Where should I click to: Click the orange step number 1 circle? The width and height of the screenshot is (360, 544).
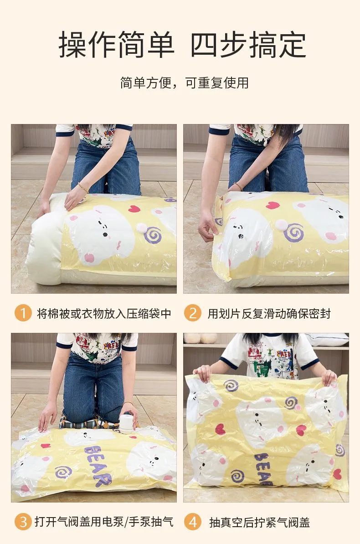pos(23,313)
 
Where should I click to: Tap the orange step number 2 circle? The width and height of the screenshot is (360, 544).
pos(192,313)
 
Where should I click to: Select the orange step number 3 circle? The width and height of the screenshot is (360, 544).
pos(23,522)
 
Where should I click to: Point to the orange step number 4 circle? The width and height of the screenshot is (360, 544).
pos(192,522)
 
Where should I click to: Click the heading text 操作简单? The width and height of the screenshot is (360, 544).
pos(117,44)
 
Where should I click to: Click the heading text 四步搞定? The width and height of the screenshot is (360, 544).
pos(248,44)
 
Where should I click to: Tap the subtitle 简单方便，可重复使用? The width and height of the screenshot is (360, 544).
pos(184,83)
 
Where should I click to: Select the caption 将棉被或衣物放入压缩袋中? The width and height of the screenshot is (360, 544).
pos(104,313)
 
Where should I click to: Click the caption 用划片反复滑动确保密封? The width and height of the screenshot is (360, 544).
pos(269,313)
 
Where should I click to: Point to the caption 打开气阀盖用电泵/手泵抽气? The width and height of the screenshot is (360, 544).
pos(104,522)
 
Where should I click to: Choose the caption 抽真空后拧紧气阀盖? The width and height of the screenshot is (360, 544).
pos(259,522)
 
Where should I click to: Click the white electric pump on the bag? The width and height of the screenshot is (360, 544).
pos(126,423)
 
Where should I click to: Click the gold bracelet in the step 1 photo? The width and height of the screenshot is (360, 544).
pos(83,187)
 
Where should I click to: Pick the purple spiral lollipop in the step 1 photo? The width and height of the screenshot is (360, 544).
pos(153,235)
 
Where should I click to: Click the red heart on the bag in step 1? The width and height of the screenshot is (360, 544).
pos(134,209)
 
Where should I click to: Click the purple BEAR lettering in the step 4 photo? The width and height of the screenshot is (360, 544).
pos(263,468)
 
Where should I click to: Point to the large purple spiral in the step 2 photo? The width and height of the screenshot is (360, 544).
pos(294,233)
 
